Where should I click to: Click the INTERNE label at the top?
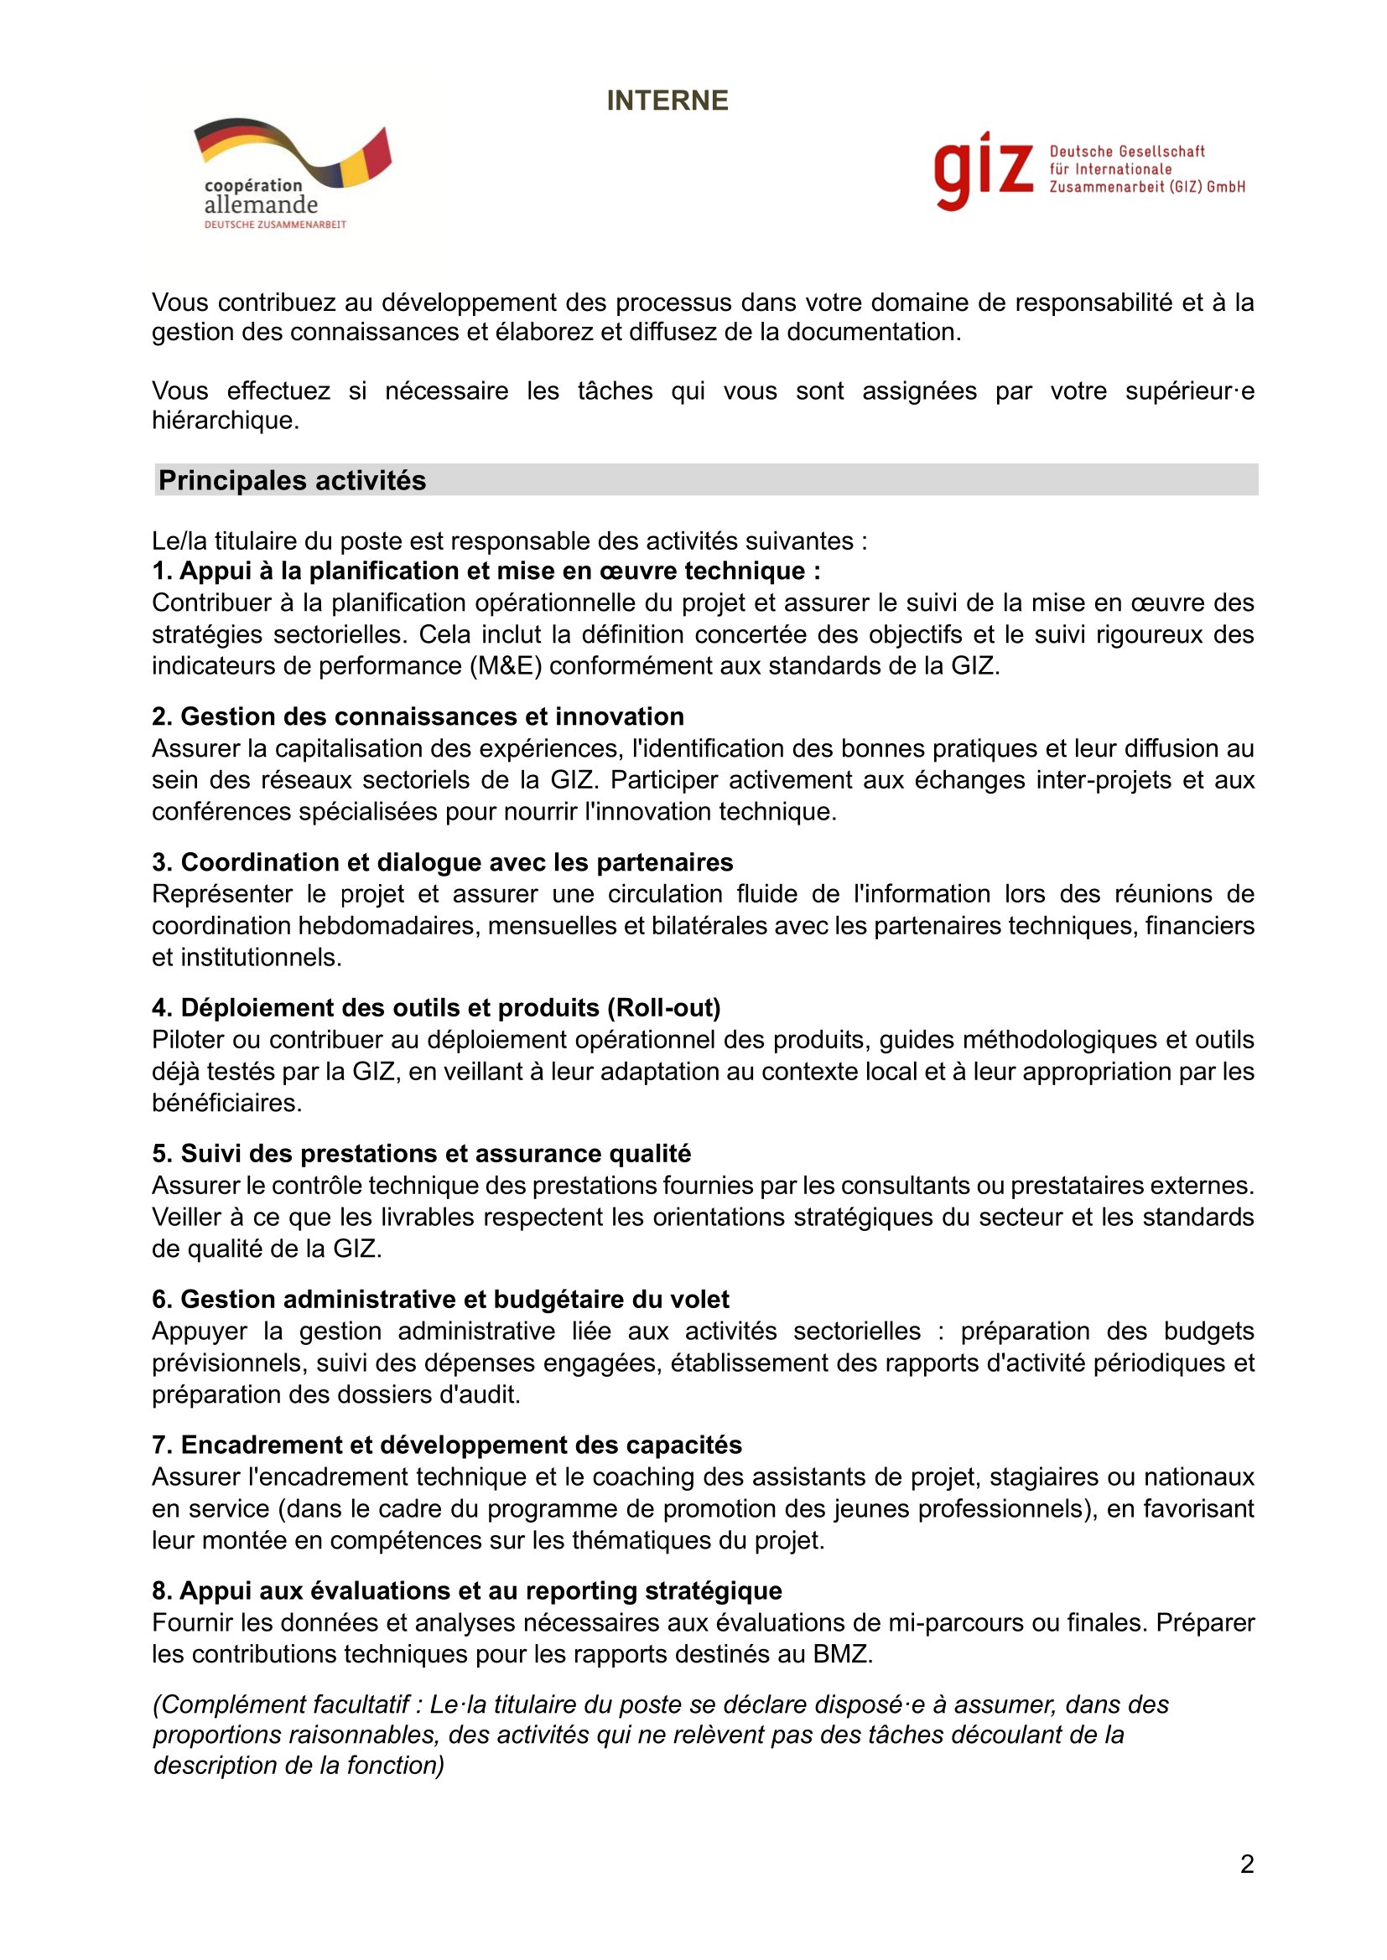click(x=667, y=101)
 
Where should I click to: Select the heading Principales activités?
click(x=292, y=481)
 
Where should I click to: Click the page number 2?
click(x=1247, y=1864)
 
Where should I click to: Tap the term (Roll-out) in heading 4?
click(x=663, y=1008)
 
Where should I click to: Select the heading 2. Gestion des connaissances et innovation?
click(x=418, y=716)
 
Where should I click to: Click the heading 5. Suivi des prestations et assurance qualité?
click(x=422, y=1153)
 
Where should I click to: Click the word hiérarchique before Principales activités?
click(x=225, y=420)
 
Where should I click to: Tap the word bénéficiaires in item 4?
click(x=226, y=1103)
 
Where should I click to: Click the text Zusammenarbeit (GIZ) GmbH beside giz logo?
click(x=1147, y=187)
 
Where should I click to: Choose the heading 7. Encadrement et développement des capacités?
click(x=448, y=1445)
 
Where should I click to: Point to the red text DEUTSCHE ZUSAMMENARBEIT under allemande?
click(x=275, y=225)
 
